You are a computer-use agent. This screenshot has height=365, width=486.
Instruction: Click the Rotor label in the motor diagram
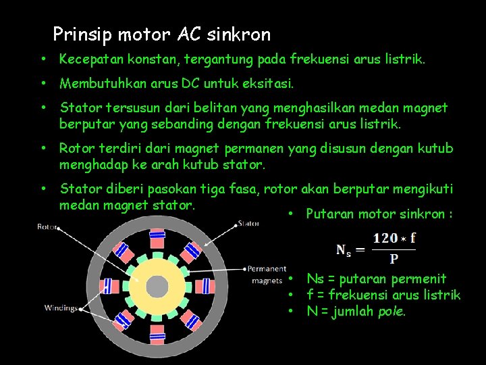(x=47, y=227)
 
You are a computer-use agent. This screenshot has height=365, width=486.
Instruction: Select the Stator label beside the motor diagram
(x=248, y=223)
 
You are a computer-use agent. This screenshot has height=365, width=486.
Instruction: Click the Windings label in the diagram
(x=61, y=308)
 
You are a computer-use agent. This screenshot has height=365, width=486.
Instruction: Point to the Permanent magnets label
(x=267, y=274)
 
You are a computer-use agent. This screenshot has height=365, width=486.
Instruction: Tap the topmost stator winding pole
(x=157, y=238)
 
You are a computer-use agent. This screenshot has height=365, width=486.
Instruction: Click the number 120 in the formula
(x=385, y=239)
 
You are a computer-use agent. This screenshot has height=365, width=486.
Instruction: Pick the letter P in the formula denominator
(x=394, y=258)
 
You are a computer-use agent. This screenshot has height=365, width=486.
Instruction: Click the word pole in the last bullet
(x=391, y=312)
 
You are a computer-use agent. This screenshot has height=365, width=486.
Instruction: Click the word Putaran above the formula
(x=329, y=214)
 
